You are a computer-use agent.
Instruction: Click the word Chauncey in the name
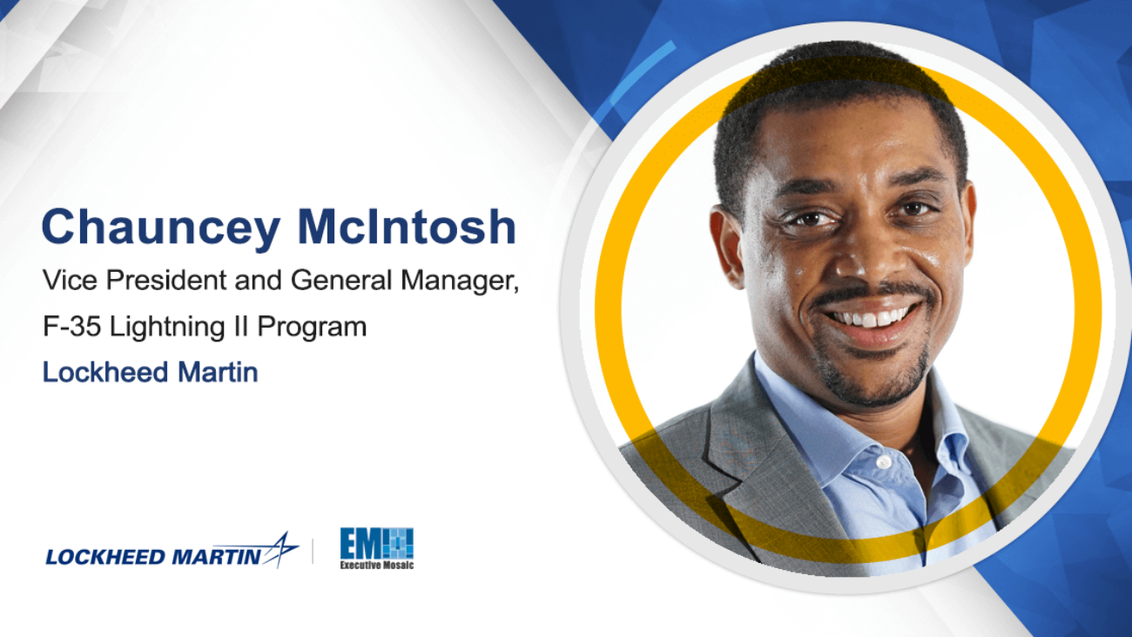coord(161,228)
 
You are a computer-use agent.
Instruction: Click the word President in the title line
coord(166,280)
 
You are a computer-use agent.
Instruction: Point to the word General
coord(341,280)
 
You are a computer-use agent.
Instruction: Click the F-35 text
coord(71,326)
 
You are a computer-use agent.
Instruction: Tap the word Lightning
coord(167,328)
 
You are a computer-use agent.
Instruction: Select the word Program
coord(312,328)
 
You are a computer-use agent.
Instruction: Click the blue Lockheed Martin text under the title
coord(150,372)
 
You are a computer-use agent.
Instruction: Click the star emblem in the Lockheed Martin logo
coord(280,550)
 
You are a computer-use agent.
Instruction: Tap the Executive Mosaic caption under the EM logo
coord(376,566)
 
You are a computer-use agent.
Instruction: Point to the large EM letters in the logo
coord(360,544)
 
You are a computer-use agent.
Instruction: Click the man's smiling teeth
coord(870,317)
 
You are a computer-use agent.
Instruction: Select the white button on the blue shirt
coord(884,462)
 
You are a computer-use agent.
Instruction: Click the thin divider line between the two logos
coord(313,551)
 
